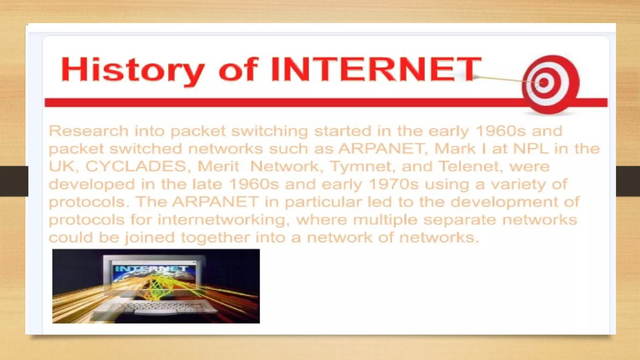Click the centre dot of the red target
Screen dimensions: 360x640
[544, 83]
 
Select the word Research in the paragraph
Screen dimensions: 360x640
[88, 131]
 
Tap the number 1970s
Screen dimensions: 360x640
[393, 184]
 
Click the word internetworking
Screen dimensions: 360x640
[222, 220]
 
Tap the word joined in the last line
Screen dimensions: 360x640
[150, 237]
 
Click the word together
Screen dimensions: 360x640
[215, 237]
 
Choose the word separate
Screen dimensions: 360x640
[459, 220]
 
